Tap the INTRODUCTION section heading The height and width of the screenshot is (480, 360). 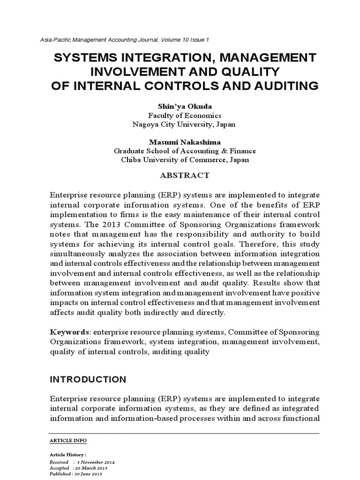pos(88,379)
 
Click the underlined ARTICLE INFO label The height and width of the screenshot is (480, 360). pos(68,441)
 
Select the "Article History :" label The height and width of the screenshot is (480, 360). pos(68,455)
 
